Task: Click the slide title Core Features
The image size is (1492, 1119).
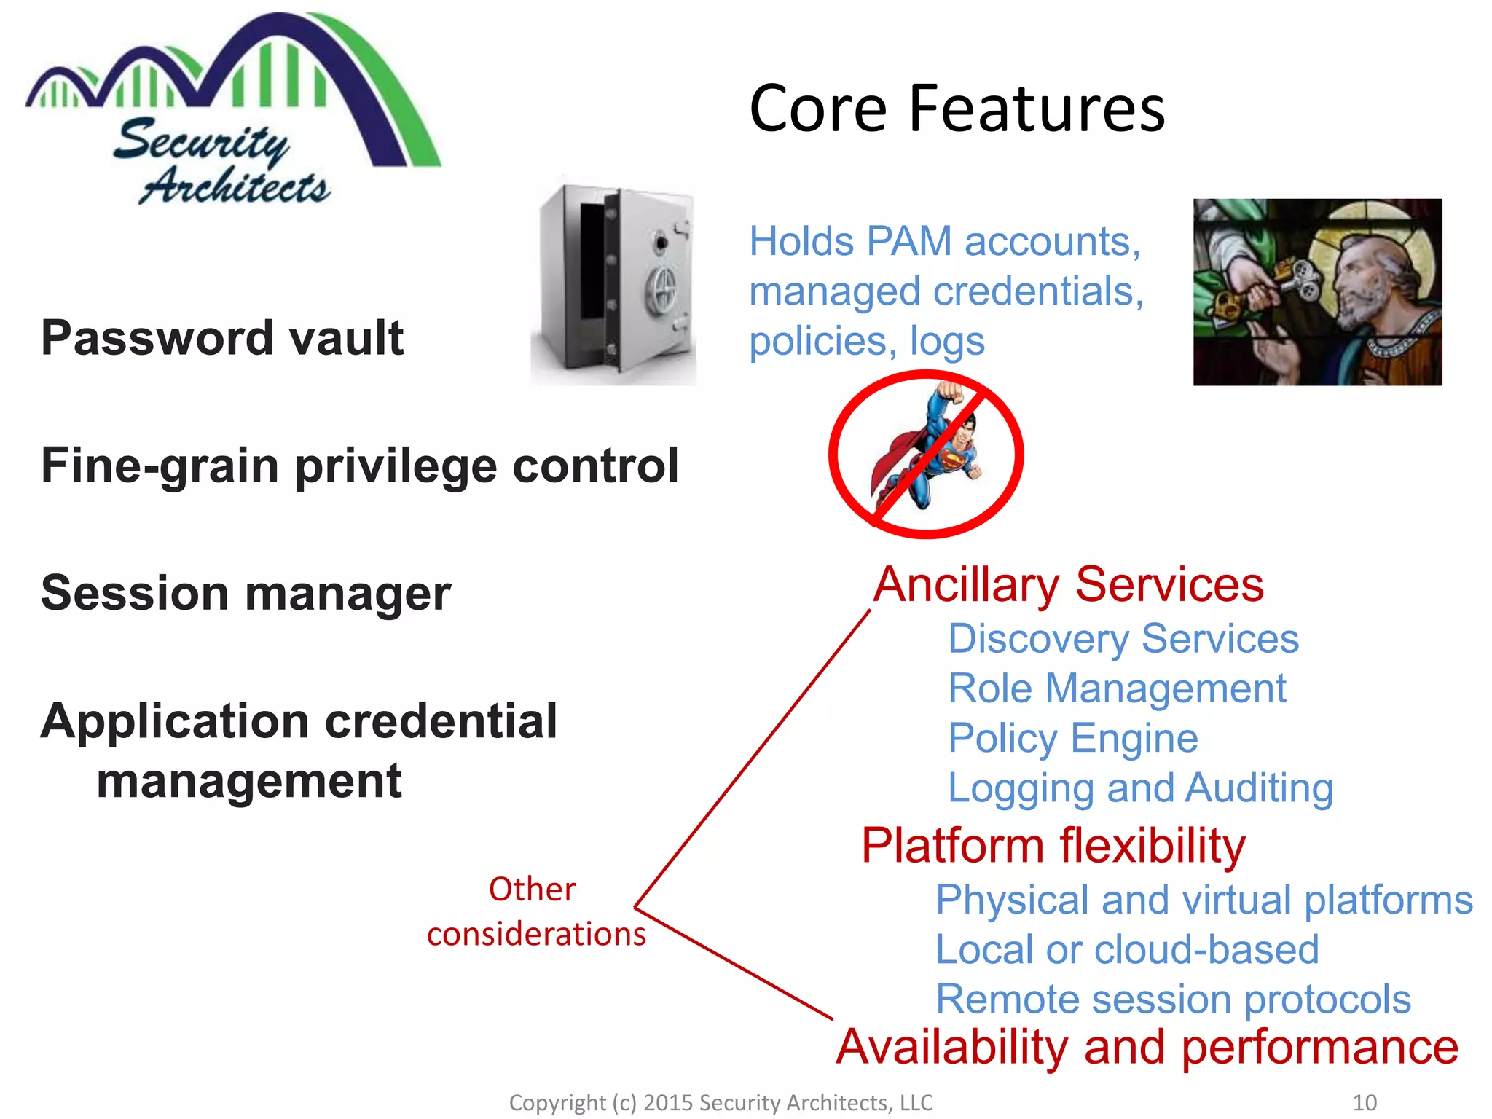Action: coord(957,109)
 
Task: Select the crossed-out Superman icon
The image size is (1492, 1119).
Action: coord(926,454)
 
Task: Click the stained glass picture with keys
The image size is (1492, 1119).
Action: coord(1316,291)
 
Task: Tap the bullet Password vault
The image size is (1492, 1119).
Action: coord(222,338)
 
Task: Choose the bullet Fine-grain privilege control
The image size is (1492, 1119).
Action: coord(360,466)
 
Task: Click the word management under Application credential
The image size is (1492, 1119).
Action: coord(248,781)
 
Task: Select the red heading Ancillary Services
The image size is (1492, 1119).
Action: coord(1068,584)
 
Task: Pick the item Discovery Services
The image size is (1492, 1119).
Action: coord(1123,639)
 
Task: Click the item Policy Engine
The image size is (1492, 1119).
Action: coord(1072,738)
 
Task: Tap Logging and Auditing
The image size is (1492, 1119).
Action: coord(1140,788)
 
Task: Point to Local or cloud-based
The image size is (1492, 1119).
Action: coord(1127,949)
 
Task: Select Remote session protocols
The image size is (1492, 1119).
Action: coord(1173,999)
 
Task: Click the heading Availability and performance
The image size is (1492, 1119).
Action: coord(1147,1047)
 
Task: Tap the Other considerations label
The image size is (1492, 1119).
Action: coord(535,911)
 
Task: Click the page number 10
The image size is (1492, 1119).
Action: coord(1364,1102)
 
